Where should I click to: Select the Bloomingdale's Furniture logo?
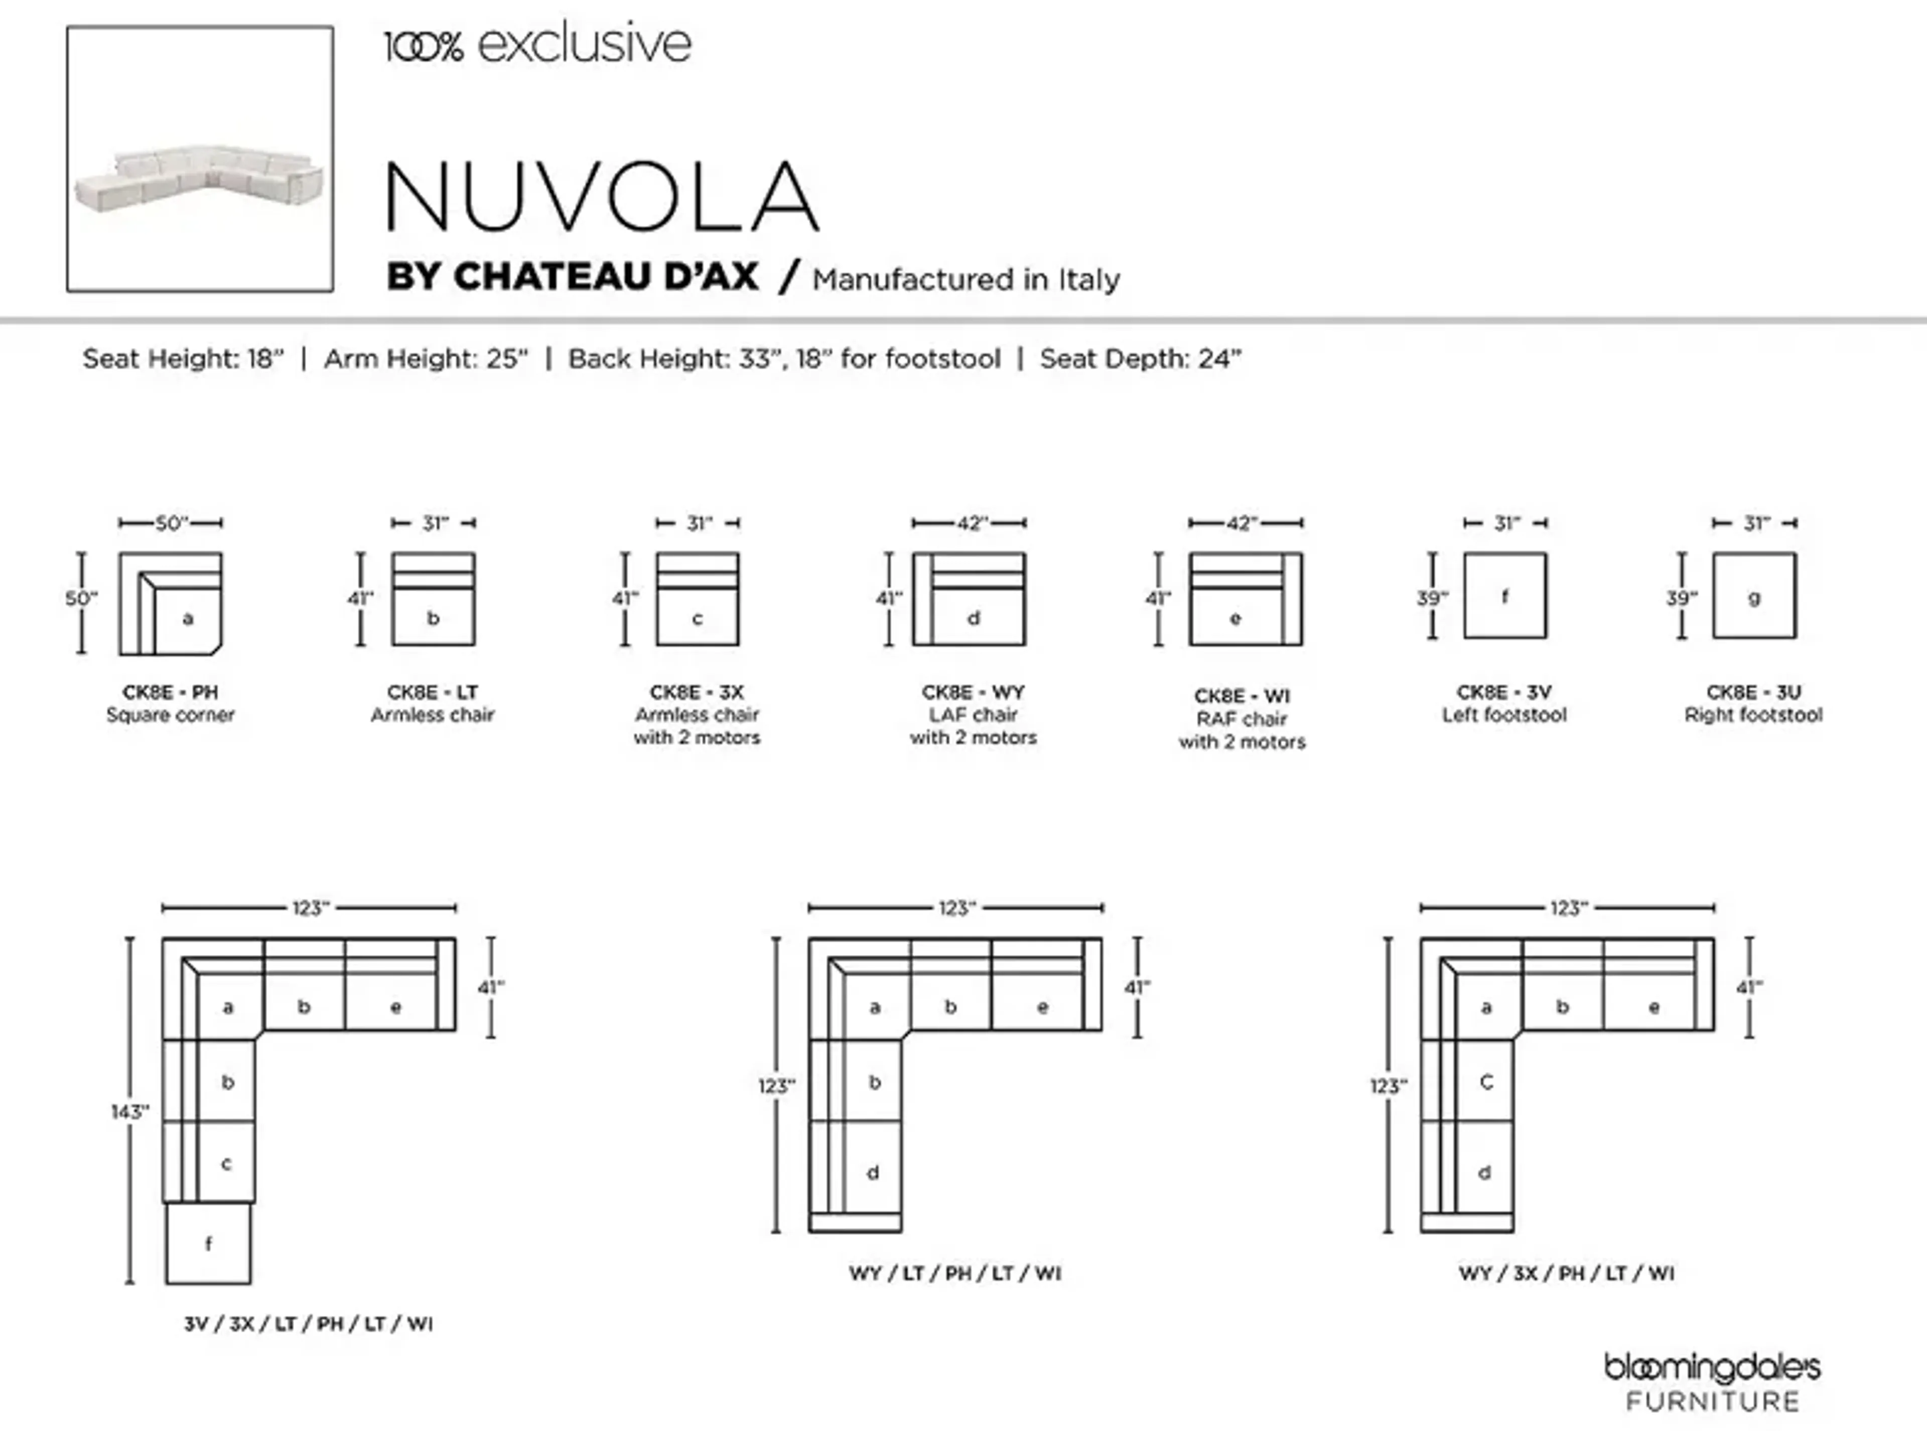pyautogui.click(x=1711, y=1382)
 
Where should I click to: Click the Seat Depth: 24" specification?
pyautogui.click(x=1140, y=359)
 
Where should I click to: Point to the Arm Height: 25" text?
pyautogui.click(x=426, y=359)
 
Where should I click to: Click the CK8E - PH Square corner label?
pyautogui.click(x=171, y=703)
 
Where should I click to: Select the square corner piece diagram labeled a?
pyautogui.click(x=171, y=604)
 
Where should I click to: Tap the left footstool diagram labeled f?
pyautogui.click(x=1505, y=596)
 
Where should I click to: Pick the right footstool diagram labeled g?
pyautogui.click(x=1754, y=596)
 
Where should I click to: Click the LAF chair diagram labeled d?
pyautogui.click(x=969, y=599)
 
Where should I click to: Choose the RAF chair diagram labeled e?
pyautogui.click(x=1245, y=599)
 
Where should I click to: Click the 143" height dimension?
pyautogui.click(x=130, y=1111)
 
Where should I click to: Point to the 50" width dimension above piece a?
pyautogui.click(x=171, y=523)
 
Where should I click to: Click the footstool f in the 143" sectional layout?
pyautogui.click(x=208, y=1244)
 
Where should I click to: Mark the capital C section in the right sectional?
pyautogui.click(x=1486, y=1082)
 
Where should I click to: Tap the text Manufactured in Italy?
pyautogui.click(x=966, y=280)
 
